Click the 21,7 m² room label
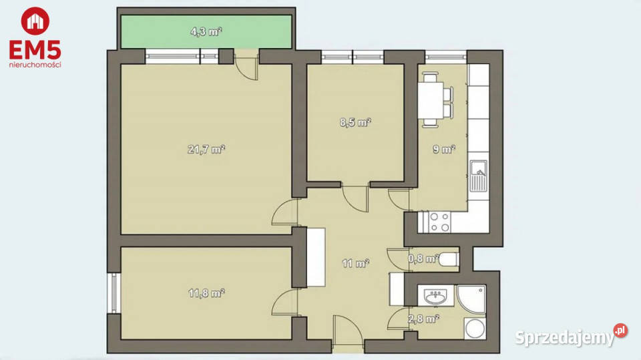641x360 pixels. click(206, 150)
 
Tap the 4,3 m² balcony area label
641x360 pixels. click(206, 31)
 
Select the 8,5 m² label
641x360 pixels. click(355, 122)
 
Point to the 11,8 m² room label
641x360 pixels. click(206, 293)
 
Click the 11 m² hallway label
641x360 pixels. click(356, 263)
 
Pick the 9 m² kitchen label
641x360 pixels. click(444, 150)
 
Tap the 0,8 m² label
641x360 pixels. click(423, 258)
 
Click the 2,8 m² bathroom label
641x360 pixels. click(423, 319)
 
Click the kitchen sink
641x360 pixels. click(478, 176)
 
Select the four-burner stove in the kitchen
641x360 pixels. click(439, 222)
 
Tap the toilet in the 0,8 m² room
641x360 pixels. click(449, 259)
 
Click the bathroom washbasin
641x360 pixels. click(436, 296)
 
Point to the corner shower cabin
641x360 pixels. click(471, 299)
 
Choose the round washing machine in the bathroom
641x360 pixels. click(475, 329)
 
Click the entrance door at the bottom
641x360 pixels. click(347, 334)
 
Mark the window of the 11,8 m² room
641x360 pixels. click(114, 293)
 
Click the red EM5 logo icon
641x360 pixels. click(35, 21)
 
